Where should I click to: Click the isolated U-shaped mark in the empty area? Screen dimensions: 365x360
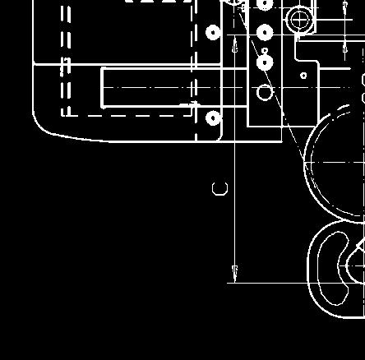(219, 194)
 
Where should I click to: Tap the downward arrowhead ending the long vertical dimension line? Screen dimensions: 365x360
(235, 273)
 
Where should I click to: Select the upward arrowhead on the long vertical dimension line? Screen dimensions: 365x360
(235, 45)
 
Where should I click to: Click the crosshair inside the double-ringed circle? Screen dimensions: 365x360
(299, 20)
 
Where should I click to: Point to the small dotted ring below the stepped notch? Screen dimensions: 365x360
(303, 76)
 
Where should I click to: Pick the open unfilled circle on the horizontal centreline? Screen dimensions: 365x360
(265, 92)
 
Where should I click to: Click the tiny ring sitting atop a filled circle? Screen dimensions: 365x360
(265, 51)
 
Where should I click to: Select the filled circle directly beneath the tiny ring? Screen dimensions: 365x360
(265, 62)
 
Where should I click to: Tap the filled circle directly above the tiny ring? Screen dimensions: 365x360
(265, 33)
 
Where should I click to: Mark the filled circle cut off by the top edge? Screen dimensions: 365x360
(265, 4)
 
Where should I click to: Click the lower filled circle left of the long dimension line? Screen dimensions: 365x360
(214, 118)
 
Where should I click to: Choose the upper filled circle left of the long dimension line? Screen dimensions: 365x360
(214, 33)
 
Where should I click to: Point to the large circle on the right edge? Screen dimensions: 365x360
(305, 163)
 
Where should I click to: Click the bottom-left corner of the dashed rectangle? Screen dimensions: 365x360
(62, 116)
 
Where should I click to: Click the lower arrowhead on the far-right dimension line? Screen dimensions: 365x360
(345, 48)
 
